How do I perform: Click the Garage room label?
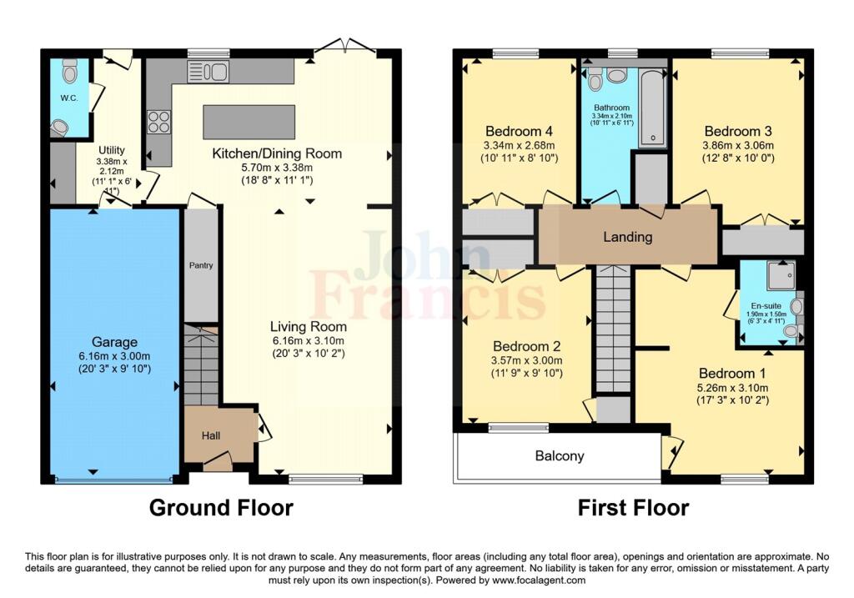pyautogui.click(x=114, y=342)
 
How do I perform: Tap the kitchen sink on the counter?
pyautogui.click(x=208, y=72)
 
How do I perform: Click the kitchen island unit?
pyautogui.click(x=249, y=122)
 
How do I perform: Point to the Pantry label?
pyautogui.click(x=201, y=265)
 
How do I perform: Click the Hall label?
pyautogui.click(x=211, y=435)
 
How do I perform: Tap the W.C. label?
pyautogui.click(x=69, y=98)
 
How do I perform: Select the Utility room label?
pyautogui.click(x=112, y=150)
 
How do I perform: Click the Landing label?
pyautogui.click(x=627, y=237)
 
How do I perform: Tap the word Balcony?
pyautogui.click(x=560, y=456)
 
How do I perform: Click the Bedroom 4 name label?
pyautogui.click(x=519, y=131)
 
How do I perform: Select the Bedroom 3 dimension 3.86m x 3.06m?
pyautogui.click(x=739, y=145)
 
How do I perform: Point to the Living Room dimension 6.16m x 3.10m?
pyautogui.click(x=309, y=341)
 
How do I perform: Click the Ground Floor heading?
pyautogui.click(x=221, y=508)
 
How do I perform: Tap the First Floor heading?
pyautogui.click(x=634, y=508)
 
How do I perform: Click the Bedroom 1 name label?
pyautogui.click(x=732, y=374)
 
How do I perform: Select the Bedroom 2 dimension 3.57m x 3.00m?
pyautogui.click(x=527, y=360)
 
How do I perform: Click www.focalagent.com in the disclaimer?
pyautogui.click(x=539, y=580)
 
